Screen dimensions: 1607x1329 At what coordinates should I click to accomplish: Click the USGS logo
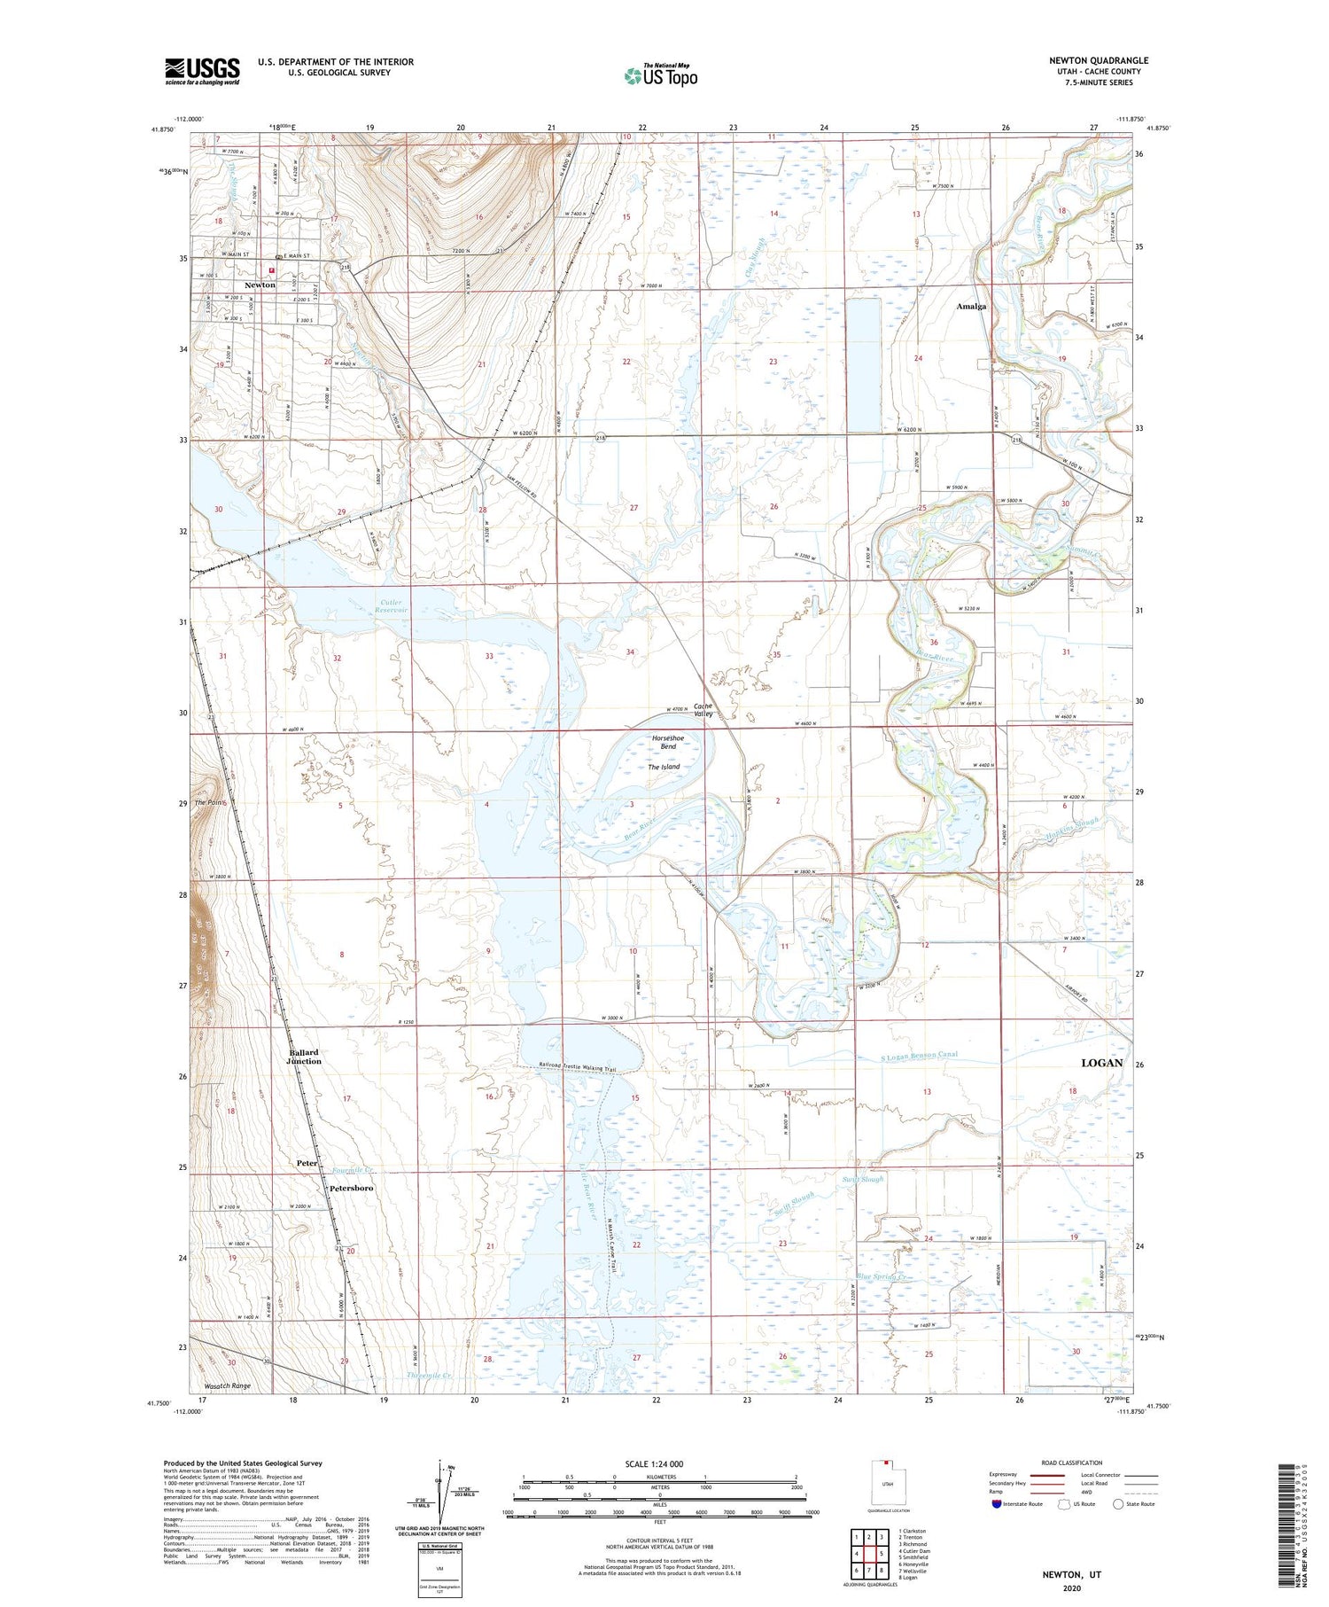pyautogui.click(x=202, y=71)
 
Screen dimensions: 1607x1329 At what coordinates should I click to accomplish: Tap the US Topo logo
pyautogui.click(x=661, y=75)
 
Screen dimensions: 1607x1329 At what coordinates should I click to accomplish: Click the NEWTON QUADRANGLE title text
pyautogui.click(x=1099, y=60)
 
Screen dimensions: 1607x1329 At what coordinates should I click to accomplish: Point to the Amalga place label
pyautogui.click(x=971, y=306)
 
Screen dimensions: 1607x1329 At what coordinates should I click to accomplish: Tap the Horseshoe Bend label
pyautogui.click(x=668, y=742)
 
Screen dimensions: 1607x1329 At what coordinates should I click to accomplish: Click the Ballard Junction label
pyautogui.click(x=305, y=1057)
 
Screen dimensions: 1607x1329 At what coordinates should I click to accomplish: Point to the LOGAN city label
pyautogui.click(x=1101, y=1062)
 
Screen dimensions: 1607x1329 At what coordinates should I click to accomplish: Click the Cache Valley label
pyautogui.click(x=703, y=710)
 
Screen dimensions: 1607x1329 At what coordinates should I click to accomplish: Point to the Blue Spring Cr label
pyautogui.click(x=883, y=1276)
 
